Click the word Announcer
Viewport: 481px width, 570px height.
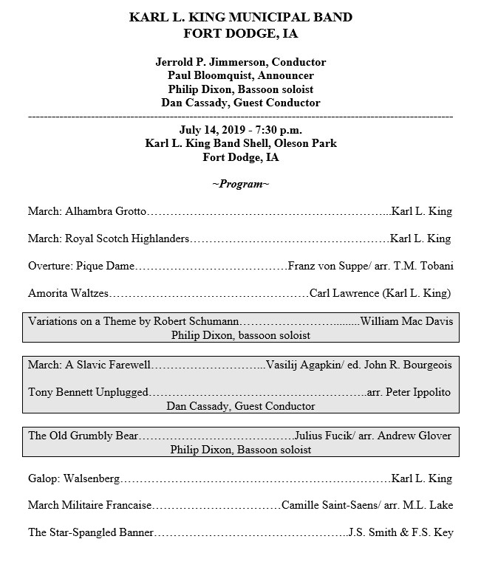pos(284,76)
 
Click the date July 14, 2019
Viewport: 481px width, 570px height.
pos(211,130)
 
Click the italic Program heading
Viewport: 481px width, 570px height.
pos(240,184)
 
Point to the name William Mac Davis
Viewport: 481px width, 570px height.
pos(406,321)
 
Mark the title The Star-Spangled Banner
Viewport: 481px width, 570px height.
pos(91,532)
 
